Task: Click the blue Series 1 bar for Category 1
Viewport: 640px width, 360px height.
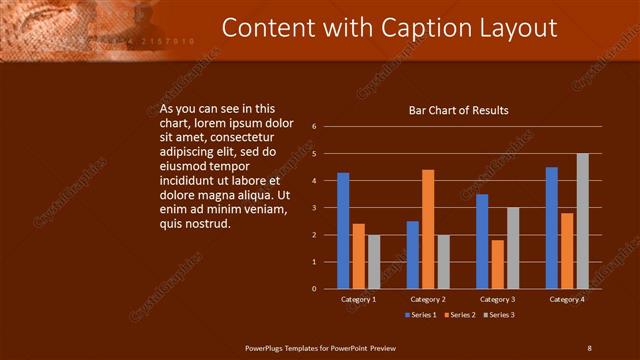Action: pos(343,230)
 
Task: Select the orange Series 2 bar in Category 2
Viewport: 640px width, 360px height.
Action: pos(428,229)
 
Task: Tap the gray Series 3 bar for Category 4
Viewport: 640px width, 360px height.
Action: pos(582,221)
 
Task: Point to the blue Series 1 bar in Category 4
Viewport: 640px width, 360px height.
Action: pos(552,227)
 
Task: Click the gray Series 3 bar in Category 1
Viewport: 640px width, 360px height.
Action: pos(373,261)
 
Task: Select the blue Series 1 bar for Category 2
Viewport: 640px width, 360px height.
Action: pos(413,254)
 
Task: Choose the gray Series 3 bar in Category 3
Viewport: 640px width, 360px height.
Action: pos(512,248)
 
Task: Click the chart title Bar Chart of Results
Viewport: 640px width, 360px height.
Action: pos(459,110)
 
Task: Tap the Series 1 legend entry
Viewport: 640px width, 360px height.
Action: pos(422,315)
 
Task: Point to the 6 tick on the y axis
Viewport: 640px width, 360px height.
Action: pos(314,127)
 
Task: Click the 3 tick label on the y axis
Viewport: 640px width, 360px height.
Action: pos(314,208)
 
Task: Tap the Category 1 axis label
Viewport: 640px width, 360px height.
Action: pos(358,299)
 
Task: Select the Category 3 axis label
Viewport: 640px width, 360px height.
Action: pos(497,299)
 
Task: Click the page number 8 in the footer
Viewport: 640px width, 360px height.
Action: pos(589,347)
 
